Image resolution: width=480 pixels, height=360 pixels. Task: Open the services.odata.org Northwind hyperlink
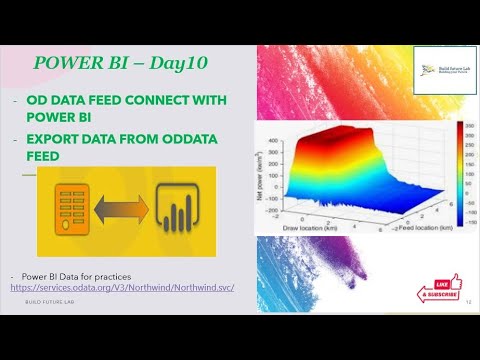coord(121,288)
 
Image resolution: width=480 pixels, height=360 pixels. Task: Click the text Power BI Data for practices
coord(75,276)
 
